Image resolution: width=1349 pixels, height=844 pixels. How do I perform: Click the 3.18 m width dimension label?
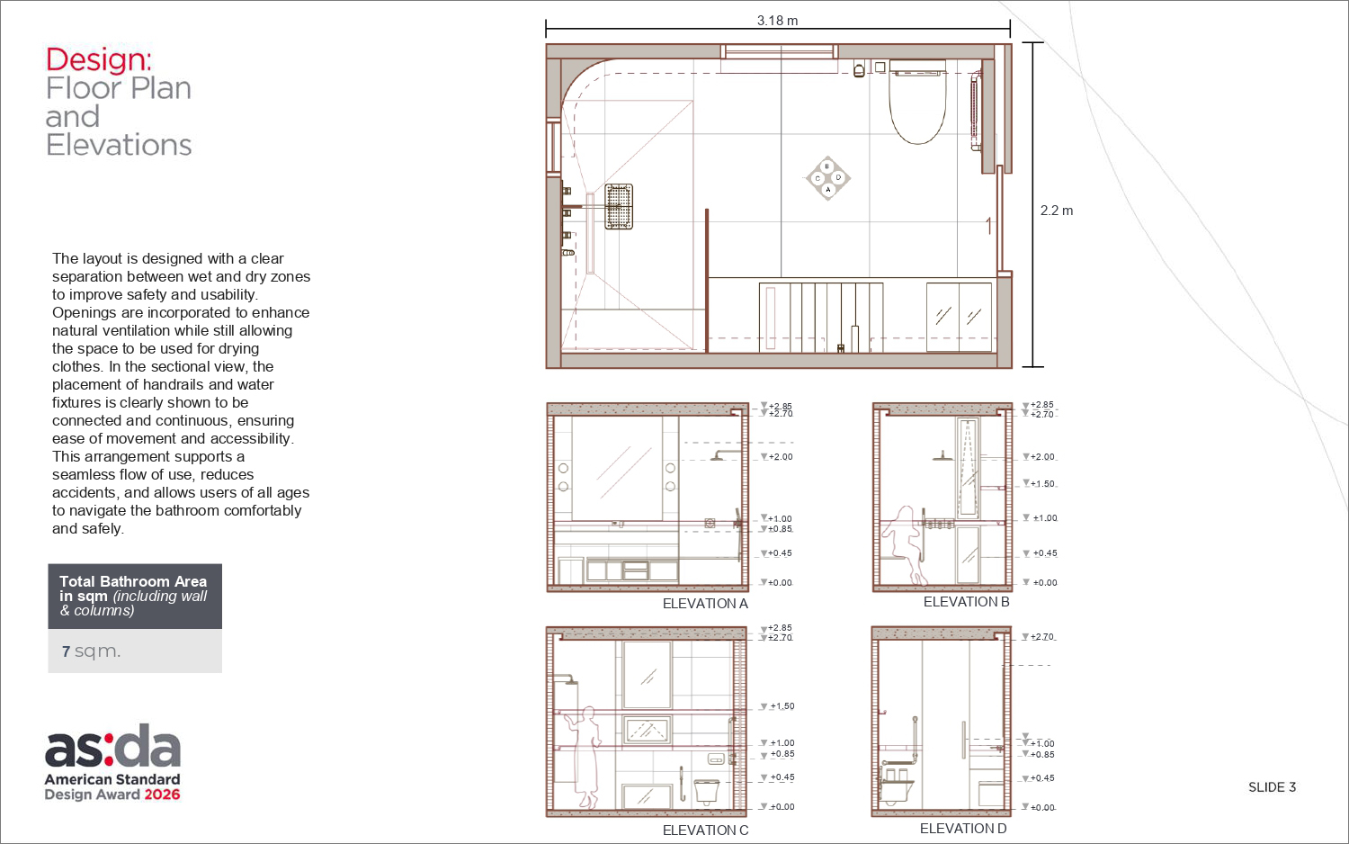pos(777,21)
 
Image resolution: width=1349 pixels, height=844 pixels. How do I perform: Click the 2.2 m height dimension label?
pos(1057,211)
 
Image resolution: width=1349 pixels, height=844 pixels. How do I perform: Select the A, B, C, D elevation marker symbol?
pos(827,178)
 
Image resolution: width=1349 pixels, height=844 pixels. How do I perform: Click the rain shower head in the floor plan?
pos(619,207)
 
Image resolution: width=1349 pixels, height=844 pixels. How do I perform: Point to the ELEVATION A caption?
pos(705,604)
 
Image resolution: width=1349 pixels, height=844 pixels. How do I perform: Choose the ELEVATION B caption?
pos(966,602)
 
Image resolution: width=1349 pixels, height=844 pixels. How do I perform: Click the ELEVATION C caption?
pos(705,831)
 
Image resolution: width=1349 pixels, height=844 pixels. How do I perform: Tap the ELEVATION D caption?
pos(963,829)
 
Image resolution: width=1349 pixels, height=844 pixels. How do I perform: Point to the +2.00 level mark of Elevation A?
pos(777,456)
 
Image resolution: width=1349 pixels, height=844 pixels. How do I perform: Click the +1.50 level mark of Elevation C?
pos(778,706)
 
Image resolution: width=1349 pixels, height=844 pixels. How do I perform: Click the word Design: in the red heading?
pos(98,59)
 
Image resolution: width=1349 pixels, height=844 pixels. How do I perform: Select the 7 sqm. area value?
pos(91,651)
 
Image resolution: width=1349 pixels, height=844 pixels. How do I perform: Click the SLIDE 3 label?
pos(1272,787)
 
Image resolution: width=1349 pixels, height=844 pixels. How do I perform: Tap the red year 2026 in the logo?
pos(162,795)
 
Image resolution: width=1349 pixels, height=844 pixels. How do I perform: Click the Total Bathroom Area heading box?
pos(135,597)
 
